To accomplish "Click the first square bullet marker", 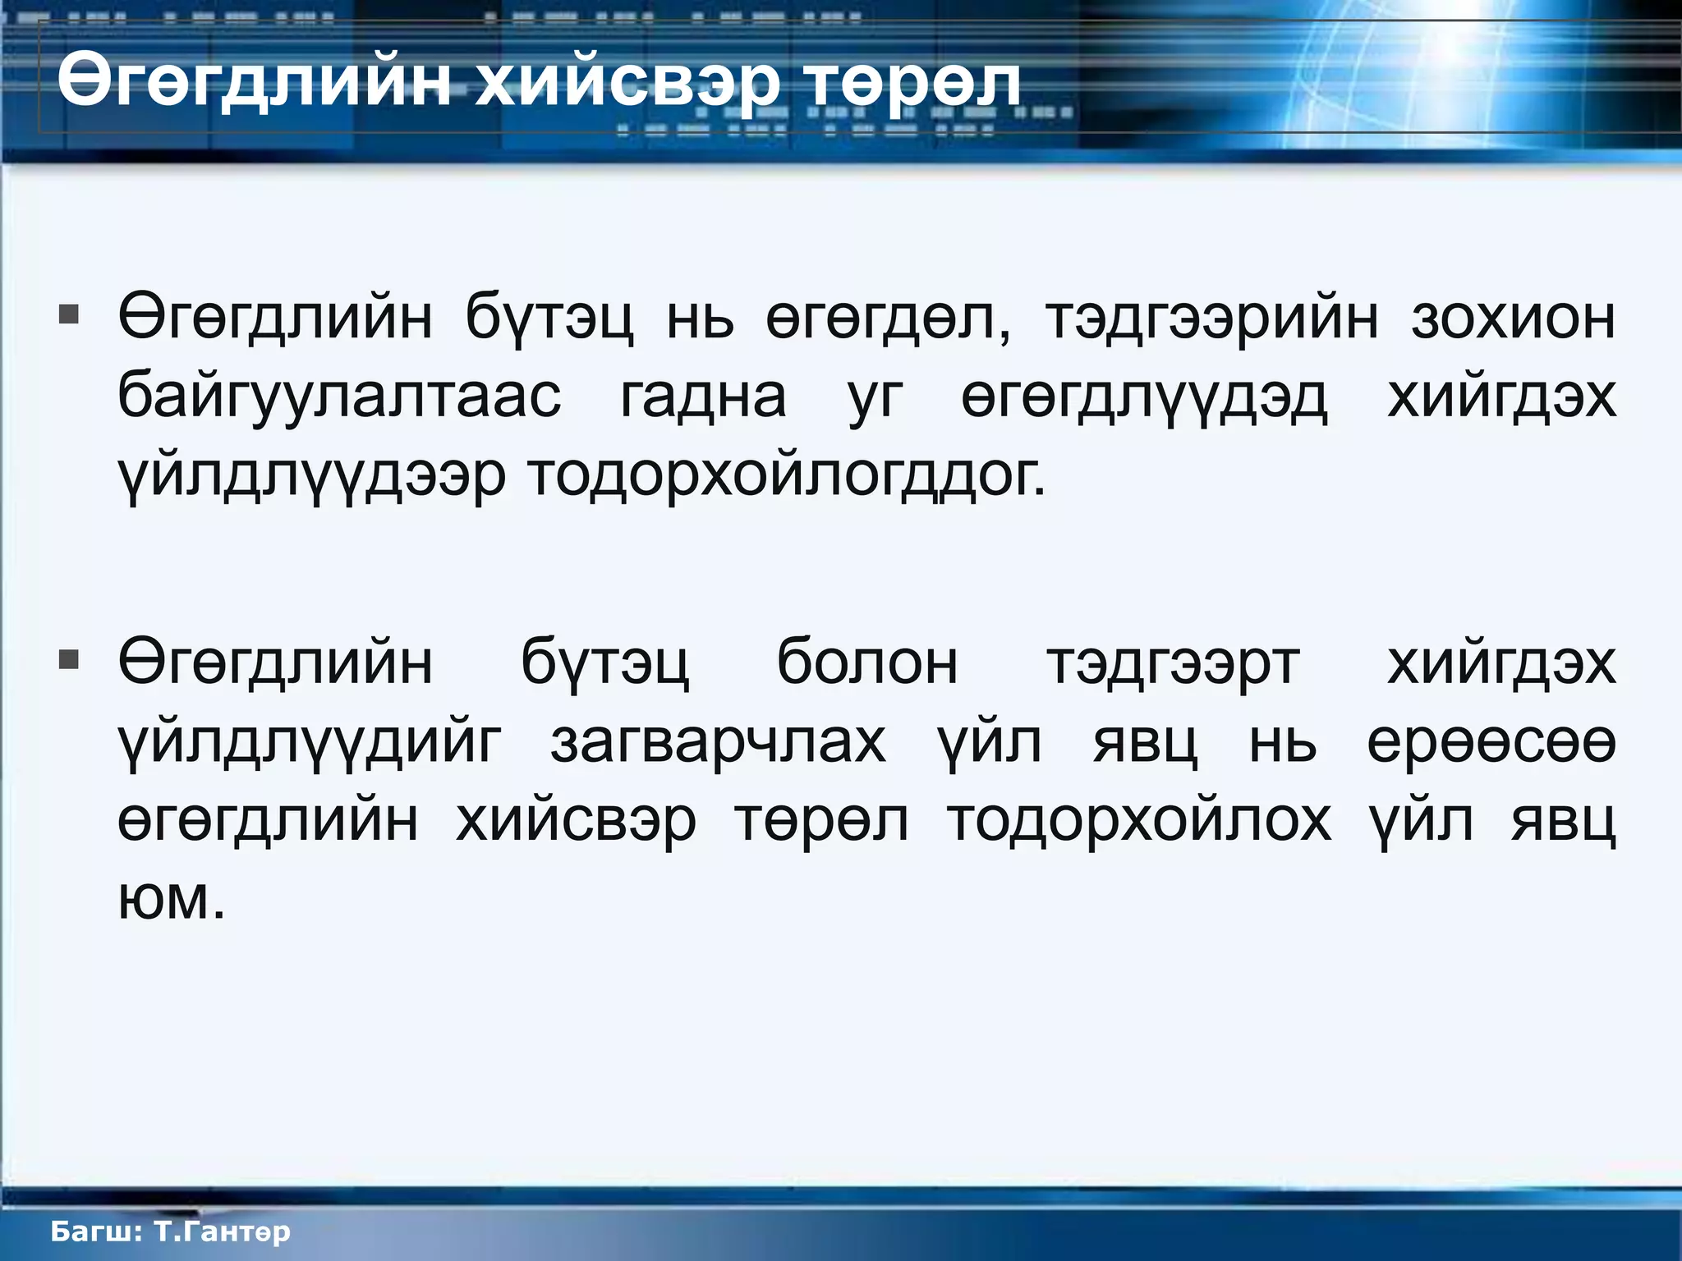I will coord(69,315).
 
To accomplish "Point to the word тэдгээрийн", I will coord(1212,319).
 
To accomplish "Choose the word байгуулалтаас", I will coord(339,397).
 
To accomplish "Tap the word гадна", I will coord(703,397).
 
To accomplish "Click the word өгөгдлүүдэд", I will coord(1144,397).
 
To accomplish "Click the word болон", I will coord(867,663).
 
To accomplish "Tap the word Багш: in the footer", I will coord(98,1231).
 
